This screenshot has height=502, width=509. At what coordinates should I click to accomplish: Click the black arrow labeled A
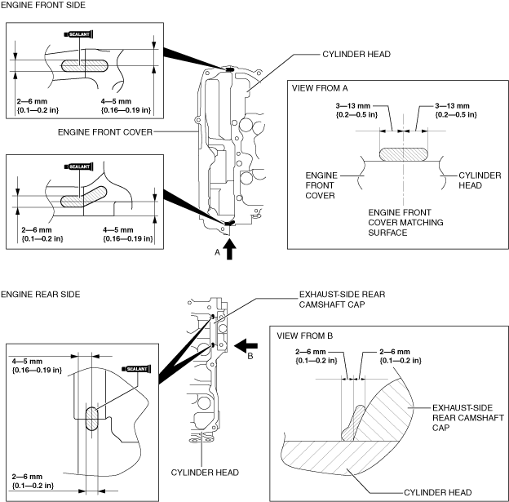(x=229, y=249)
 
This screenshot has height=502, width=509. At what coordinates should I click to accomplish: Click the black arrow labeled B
(x=246, y=346)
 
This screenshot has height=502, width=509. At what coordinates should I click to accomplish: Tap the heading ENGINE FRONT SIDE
(x=43, y=5)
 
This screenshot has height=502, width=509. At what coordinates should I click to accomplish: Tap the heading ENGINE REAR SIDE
(x=40, y=295)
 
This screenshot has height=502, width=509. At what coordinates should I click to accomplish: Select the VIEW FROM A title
(x=320, y=88)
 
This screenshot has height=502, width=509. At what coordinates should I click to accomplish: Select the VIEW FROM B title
(x=305, y=335)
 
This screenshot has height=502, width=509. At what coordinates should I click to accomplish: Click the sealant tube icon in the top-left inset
(x=79, y=34)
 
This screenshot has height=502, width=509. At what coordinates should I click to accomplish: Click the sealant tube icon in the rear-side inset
(x=136, y=369)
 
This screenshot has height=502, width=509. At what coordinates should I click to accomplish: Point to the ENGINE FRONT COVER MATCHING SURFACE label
(x=405, y=223)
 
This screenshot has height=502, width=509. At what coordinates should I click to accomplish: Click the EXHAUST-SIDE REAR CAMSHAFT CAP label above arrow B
(x=342, y=300)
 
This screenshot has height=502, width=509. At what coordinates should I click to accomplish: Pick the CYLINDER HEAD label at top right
(x=356, y=54)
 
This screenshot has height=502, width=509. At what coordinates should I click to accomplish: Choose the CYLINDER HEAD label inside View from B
(x=437, y=492)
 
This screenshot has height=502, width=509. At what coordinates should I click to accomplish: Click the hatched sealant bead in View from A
(x=404, y=154)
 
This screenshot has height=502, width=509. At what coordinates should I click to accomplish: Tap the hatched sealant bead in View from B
(x=353, y=423)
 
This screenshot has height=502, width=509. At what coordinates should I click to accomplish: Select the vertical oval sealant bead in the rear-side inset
(x=91, y=419)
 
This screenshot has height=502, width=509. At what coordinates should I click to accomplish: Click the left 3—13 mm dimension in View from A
(x=356, y=110)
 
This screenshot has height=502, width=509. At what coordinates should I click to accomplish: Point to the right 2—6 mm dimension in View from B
(x=401, y=356)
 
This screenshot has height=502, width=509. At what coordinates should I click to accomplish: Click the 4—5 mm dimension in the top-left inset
(x=126, y=105)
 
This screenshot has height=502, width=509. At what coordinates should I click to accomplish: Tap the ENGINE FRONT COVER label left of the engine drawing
(x=105, y=132)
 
